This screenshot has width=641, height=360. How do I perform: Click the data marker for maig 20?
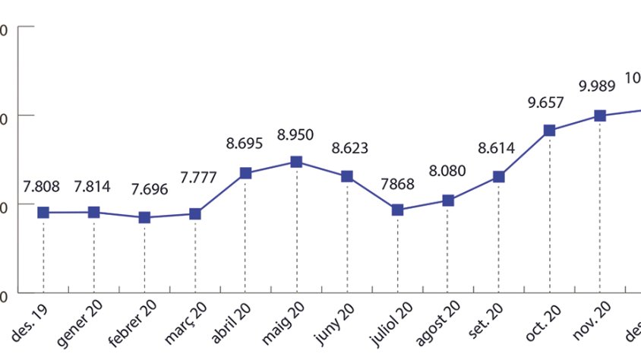296,162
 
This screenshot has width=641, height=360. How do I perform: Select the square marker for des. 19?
43,213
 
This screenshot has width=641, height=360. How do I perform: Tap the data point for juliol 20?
397,210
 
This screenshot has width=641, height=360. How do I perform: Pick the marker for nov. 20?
600,115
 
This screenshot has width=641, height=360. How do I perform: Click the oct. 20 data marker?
549,131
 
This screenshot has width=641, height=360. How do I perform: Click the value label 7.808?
42,185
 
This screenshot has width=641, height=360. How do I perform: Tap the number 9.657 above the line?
546,102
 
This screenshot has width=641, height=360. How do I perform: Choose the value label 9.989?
597,87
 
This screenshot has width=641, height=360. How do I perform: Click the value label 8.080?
446,172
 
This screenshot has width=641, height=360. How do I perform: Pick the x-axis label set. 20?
494,314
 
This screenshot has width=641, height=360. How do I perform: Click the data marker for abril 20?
245,173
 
